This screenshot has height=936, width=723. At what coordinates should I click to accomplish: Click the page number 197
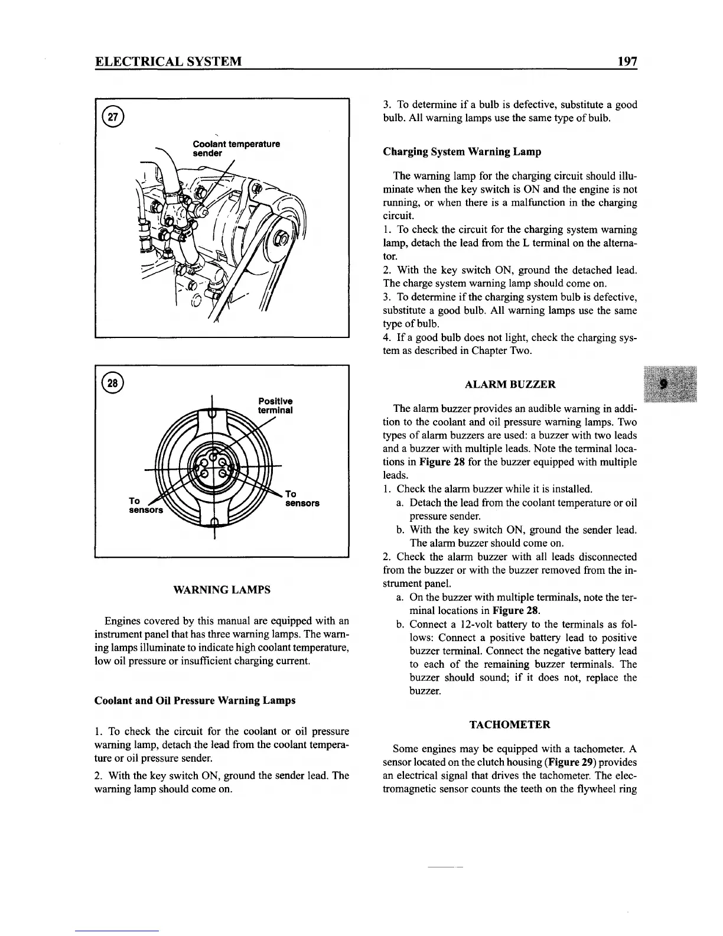[625, 61]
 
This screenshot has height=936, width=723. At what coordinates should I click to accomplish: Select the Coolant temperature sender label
[236, 148]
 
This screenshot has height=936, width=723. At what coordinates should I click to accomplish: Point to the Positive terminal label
[275, 405]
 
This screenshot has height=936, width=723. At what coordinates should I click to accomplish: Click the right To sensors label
[301, 499]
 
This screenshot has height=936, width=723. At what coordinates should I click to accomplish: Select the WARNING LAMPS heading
[222, 590]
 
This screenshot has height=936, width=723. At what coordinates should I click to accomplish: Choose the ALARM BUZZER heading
[510, 385]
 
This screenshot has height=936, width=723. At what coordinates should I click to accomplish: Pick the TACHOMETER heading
[510, 724]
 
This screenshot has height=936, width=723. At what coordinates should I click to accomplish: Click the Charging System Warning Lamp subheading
[462, 152]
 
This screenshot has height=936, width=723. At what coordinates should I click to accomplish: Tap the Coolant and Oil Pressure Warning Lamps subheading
[195, 700]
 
